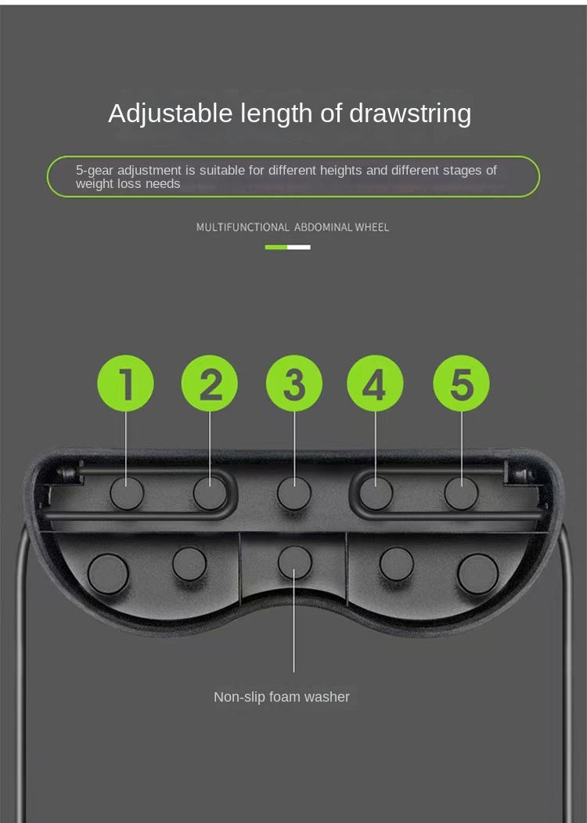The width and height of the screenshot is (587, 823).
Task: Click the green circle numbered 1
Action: click(125, 383)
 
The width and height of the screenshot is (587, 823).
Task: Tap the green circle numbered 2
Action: click(209, 383)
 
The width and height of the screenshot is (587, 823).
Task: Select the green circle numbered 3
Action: click(294, 383)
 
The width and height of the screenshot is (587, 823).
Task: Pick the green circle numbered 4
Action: click(375, 383)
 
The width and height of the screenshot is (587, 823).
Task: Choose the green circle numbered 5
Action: click(461, 383)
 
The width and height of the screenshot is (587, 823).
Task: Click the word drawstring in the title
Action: click(410, 114)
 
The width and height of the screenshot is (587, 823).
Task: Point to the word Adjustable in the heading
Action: click(171, 114)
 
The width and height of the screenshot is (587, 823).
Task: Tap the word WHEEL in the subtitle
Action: click(372, 227)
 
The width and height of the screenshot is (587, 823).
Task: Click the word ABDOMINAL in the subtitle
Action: click(323, 227)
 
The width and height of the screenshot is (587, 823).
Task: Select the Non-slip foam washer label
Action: click(282, 697)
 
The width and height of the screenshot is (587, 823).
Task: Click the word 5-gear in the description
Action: click(95, 171)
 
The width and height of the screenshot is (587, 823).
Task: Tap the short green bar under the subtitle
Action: click(276, 247)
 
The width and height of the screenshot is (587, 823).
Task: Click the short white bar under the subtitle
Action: click(299, 247)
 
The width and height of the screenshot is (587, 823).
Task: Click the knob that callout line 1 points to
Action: click(127, 493)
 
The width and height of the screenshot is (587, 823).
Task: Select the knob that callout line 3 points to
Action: click(293, 493)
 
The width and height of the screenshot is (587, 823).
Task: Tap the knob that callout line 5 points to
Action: click(461, 493)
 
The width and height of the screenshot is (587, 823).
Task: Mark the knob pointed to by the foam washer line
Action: click(294, 562)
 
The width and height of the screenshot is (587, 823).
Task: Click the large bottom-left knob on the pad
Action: click(108, 574)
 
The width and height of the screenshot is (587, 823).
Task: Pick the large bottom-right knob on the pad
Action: click(477, 574)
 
